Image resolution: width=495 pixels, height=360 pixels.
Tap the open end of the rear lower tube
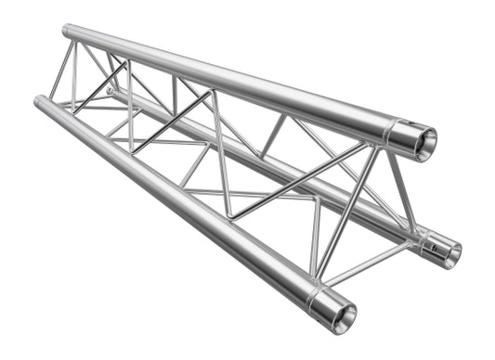(448, 251)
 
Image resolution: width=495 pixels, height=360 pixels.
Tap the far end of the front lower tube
(40, 101)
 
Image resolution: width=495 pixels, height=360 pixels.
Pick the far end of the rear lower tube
(111, 92)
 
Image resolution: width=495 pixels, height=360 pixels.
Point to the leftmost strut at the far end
(59, 69)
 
